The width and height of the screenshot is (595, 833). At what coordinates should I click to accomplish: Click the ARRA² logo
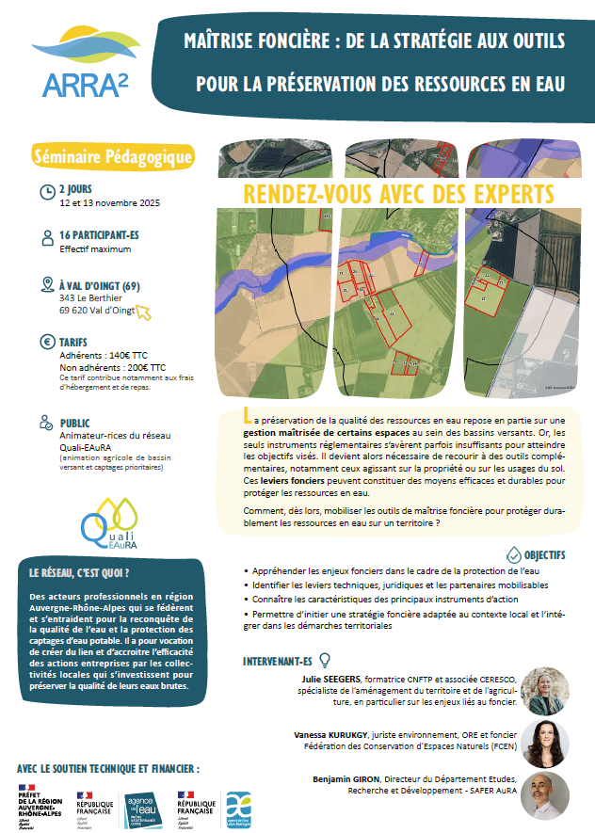(86, 64)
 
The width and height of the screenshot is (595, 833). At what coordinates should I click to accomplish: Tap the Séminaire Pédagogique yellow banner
(113, 156)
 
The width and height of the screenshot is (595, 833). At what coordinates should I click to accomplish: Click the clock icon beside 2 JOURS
(47, 192)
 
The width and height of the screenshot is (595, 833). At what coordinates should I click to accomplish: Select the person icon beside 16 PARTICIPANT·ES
(47, 238)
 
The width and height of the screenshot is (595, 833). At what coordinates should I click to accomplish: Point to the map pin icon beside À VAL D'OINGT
(47, 285)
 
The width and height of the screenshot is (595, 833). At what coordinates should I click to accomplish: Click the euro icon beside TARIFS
(47, 343)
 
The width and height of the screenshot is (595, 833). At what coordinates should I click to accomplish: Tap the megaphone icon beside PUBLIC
(47, 425)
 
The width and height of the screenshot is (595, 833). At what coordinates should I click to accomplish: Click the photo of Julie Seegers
(545, 692)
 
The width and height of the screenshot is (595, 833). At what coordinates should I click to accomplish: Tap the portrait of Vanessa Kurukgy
(545, 744)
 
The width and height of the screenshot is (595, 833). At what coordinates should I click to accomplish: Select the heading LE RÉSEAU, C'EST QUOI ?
(80, 572)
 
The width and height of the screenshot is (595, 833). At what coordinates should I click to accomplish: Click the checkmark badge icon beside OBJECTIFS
(513, 554)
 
